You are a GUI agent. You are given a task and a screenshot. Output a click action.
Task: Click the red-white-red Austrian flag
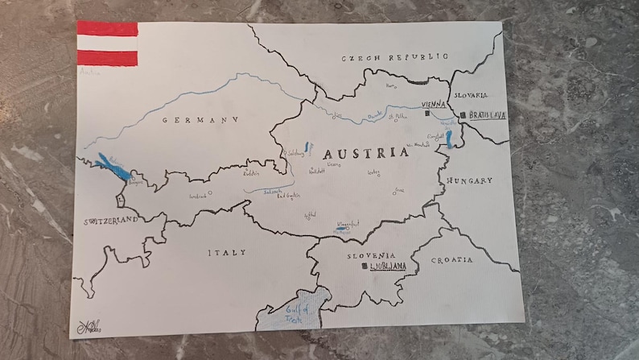pyautogui.click(x=107, y=43)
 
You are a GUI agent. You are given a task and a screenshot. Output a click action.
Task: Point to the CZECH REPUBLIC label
pyautogui.click(x=394, y=58)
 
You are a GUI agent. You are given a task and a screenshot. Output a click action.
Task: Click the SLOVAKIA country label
pyautogui.click(x=471, y=95)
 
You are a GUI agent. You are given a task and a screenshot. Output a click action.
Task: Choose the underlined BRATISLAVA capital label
pyautogui.click(x=488, y=116)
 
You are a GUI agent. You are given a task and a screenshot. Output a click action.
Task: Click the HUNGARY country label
pyautogui.click(x=470, y=180)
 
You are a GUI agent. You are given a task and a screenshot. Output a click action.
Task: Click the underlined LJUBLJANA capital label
pyautogui.click(x=388, y=265)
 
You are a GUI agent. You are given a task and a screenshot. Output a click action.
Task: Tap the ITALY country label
pyautogui.click(x=228, y=253)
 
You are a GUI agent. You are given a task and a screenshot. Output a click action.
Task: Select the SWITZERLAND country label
pyautogui.click(x=109, y=219)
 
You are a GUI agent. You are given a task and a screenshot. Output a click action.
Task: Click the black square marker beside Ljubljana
pyautogui.click(x=365, y=265)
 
